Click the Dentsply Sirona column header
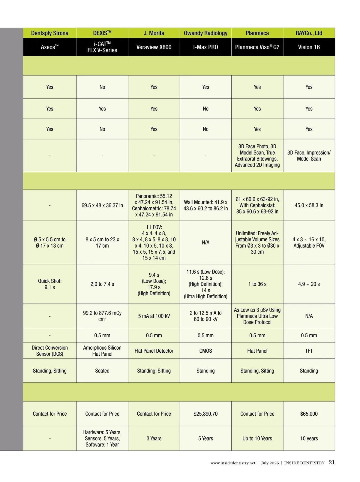pyautogui.click(x=50, y=33)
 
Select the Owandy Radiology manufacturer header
pyautogui.click(x=205, y=33)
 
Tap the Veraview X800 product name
pyautogui.click(x=154, y=47)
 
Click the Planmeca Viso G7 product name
pyautogui.click(x=257, y=47)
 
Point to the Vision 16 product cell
pyautogui.click(x=309, y=47)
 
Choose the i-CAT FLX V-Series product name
pyautogui.click(x=102, y=47)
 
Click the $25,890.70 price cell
pyautogui.click(x=205, y=414)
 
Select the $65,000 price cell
pyautogui.click(x=309, y=414)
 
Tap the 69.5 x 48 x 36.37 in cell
pyautogui.click(x=102, y=205)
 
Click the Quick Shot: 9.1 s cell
pyautogui.click(x=50, y=284)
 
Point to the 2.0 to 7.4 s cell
pyautogui.click(x=102, y=284)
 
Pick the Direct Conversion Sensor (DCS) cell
pyautogui.click(x=50, y=351)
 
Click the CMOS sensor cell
pyautogui.click(x=205, y=351)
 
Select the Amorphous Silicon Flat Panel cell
pyautogui.click(x=102, y=351)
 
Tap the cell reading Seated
pyautogui.click(x=102, y=371)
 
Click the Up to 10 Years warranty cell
pyautogui.click(x=257, y=438)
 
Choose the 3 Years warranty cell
pyautogui.click(x=154, y=438)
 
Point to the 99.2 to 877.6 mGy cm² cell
pyautogui.click(x=102, y=316)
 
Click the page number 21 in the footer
pyautogui.click(x=331, y=462)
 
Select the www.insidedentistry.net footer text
pyautogui.click(x=233, y=463)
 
